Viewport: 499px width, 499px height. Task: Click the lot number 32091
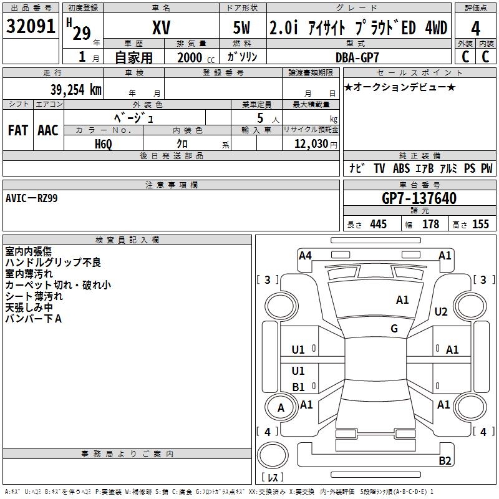tap(31, 27)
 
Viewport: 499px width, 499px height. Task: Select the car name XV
tap(161, 28)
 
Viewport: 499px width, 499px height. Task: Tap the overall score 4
tap(475, 29)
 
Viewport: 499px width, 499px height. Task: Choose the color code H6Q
tap(103, 143)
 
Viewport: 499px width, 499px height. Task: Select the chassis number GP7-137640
tap(419, 198)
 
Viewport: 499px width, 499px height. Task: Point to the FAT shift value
tap(18, 130)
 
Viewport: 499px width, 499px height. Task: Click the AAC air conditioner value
tap(48, 130)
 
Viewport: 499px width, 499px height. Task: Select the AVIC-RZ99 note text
tap(32, 198)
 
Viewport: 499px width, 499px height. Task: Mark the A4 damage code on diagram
tap(305, 255)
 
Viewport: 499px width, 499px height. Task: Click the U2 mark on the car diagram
tap(441, 311)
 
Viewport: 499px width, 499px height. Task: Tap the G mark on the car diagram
tap(394, 329)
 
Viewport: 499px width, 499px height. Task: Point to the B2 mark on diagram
tap(445, 461)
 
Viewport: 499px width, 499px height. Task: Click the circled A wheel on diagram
tap(281, 408)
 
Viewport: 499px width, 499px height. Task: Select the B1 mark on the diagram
tap(299, 387)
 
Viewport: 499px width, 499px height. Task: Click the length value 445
tap(378, 225)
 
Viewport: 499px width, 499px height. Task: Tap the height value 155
tap(480, 225)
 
